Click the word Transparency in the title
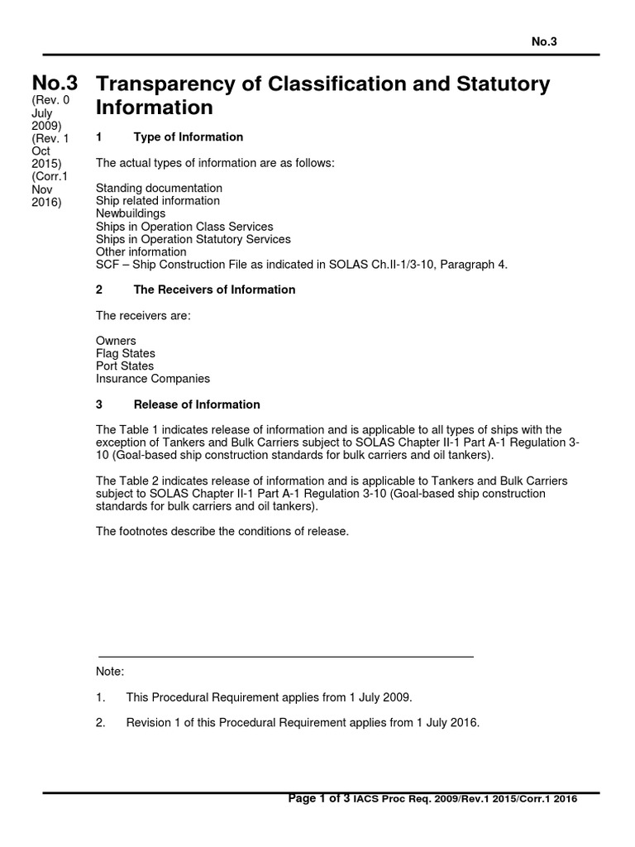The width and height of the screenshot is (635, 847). pyautogui.click(x=160, y=84)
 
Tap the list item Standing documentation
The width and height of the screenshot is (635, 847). pyautogui.click(x=159, y=188)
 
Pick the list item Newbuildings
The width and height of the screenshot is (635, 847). pyautogui.click(x=131, y=213)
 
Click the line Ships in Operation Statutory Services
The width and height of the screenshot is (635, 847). pyautogui.click(x=193, y=239)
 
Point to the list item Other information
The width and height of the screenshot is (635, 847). pyautogui.click(x=141, y=251)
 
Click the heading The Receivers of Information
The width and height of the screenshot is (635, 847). pyautogui.click(x=214, y=290)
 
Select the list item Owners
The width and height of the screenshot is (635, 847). pyautogui.click(x=116, y=341)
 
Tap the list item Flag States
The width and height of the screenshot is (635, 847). pyautogui.click(x=125, y=353)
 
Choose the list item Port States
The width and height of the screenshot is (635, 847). pyautogui.click(x=124, y=366)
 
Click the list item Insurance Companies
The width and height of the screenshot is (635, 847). pyautogui.click(x=152, y=379)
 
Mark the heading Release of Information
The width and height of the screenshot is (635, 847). pyautogui.click(x=197, y=404)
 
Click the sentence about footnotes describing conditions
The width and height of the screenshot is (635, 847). pyautogui.click(x=222, y=531)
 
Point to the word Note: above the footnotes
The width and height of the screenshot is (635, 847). pyautogui.click(x=110, y=672)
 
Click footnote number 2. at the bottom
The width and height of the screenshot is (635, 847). pyautogui.click(x=101, y=722)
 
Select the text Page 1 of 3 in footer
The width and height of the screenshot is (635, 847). pyautogui.click(x=318, y=799)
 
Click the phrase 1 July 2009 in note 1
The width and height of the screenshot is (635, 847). pyautogui.click(x=376, y=697)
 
